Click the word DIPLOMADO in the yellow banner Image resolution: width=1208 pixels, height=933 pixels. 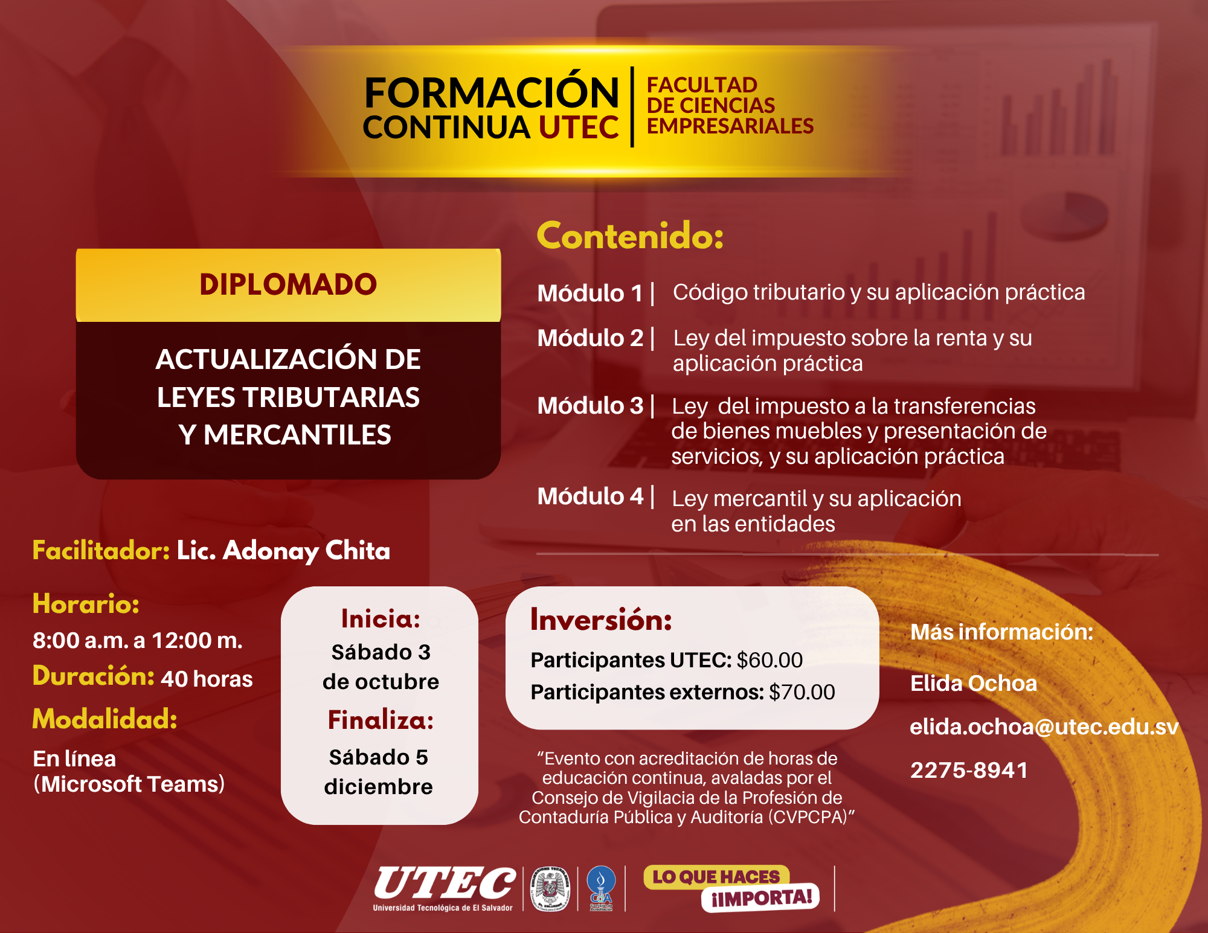288,284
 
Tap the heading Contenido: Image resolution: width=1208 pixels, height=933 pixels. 630,236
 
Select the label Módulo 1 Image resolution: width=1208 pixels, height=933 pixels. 590,293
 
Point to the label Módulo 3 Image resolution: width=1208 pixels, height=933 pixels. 590,406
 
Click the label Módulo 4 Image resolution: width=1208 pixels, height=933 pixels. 590,496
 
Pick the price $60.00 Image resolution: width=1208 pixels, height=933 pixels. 769,660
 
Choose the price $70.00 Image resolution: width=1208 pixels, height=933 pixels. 802,692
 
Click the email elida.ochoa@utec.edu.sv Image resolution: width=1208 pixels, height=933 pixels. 1044,727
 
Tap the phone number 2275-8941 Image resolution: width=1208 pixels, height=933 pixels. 969,771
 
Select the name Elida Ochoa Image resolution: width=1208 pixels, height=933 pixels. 974,684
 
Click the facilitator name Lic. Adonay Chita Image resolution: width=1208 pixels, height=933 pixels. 283,551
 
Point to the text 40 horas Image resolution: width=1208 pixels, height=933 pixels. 207,679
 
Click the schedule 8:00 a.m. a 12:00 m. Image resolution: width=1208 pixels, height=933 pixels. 138,641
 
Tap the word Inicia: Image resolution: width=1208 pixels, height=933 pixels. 381,619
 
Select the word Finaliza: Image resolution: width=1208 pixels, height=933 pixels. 381,720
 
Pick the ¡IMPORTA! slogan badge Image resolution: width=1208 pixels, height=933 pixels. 760,898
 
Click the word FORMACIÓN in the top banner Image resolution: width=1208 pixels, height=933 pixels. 492,92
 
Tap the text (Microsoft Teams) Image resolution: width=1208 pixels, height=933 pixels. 129,784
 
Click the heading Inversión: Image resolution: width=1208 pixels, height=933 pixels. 601,620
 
